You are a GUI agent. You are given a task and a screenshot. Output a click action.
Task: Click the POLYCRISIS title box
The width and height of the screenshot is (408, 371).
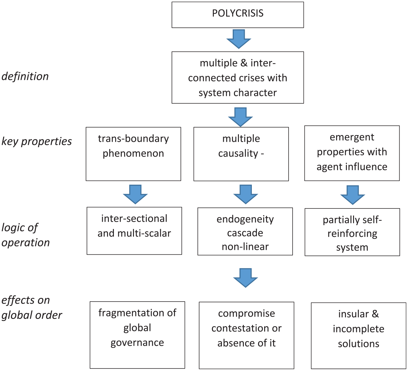click(238, 15)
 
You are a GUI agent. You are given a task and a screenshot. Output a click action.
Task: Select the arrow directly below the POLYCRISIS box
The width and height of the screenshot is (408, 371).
click(239, 39)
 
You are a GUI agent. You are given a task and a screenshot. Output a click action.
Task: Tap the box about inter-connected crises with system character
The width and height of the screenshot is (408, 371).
click(238, 77)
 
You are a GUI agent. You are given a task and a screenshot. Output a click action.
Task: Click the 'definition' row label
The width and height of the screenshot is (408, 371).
click(25, 77)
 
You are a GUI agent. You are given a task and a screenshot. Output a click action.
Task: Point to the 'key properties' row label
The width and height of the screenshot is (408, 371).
click(37, 141)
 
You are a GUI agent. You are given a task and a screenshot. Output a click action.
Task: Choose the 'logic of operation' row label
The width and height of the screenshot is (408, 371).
click(26, 235)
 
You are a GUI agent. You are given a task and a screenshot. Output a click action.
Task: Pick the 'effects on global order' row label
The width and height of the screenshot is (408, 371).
click(32, 307)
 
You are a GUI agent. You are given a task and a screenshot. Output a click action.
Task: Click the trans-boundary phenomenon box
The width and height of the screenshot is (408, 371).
click(133, 154)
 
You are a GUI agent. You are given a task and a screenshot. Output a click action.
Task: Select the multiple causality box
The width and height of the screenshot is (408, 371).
click(241, 154)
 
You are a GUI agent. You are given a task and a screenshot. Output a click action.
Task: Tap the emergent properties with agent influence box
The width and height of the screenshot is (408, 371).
click(352, 153)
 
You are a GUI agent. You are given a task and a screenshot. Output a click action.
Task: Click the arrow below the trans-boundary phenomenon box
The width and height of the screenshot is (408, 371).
click(135, 194)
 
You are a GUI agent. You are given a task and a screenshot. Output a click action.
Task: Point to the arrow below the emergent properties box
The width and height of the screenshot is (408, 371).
click(352, 195)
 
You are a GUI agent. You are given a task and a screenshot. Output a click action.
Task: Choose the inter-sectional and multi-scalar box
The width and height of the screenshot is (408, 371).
click(134, 231)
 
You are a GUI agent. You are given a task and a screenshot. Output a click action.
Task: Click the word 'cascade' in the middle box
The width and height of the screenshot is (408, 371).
click(245, 233)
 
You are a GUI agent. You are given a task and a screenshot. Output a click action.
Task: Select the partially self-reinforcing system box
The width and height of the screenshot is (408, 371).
click(352, 232)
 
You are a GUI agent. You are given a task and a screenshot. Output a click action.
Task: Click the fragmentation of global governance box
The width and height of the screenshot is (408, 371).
click(137, 335)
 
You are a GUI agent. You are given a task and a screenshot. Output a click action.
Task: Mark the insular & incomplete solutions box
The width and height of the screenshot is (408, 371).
click(358, 336)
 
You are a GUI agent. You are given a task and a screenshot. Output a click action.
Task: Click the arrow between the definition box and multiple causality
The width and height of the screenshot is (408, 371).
click(240, 117)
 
